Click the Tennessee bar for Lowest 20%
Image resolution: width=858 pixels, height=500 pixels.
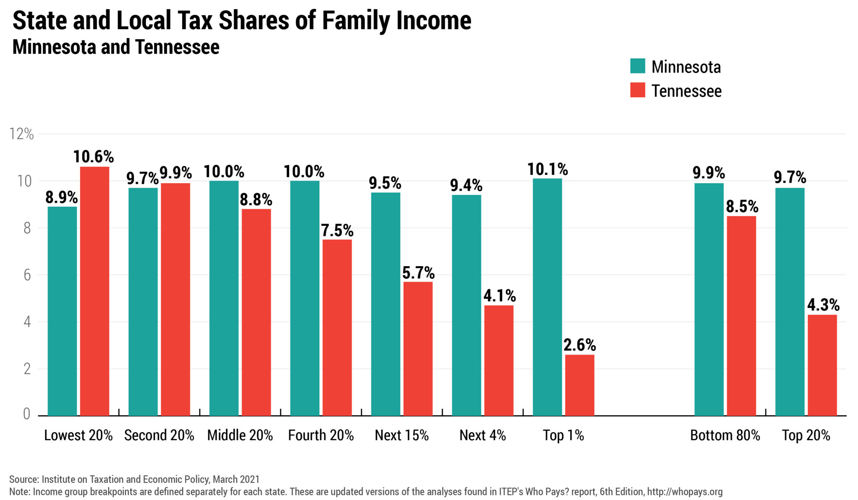coord(95,291)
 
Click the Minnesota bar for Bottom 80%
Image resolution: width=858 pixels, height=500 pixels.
coord(709,299)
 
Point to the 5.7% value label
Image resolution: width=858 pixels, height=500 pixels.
coord(418,273)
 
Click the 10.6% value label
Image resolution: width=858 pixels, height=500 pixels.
coord(93,157)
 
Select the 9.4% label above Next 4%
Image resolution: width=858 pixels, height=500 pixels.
coord(466,185)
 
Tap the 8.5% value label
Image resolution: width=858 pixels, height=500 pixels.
coord(742,206)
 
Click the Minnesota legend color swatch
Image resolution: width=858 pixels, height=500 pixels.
coord(637,66)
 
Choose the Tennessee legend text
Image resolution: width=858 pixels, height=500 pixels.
coord(686,91)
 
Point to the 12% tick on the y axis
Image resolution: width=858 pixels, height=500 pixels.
coord(21,134)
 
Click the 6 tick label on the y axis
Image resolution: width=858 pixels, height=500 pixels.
coord(27,275)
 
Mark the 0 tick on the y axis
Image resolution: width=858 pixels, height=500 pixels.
coord(27,414)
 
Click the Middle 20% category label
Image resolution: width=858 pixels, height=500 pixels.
coord(240,435)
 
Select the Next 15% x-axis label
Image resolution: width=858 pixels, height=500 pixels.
coord(402,435)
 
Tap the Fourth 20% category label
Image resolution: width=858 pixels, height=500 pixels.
coord(321,435)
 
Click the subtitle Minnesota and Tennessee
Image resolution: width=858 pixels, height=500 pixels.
coord(116,47)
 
